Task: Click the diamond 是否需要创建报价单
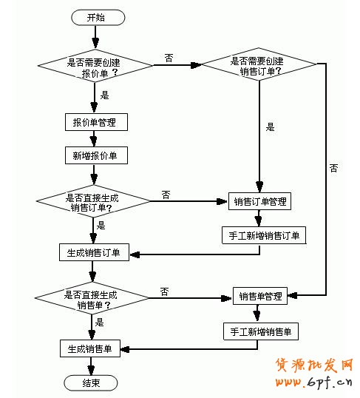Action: (95, 67)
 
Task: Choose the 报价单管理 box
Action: (95, 121)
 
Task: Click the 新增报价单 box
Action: (95, 155)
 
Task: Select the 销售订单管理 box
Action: (260, 201)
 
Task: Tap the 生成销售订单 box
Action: (94, 253)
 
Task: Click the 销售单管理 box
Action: (260, 297)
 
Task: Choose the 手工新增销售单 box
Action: (261, 331)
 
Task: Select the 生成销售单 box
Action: (90, 349)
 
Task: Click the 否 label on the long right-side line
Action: (333, 168)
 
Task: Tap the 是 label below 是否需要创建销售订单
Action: (270, 127)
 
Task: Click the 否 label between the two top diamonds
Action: (169, 58)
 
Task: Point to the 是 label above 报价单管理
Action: (104, 95)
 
